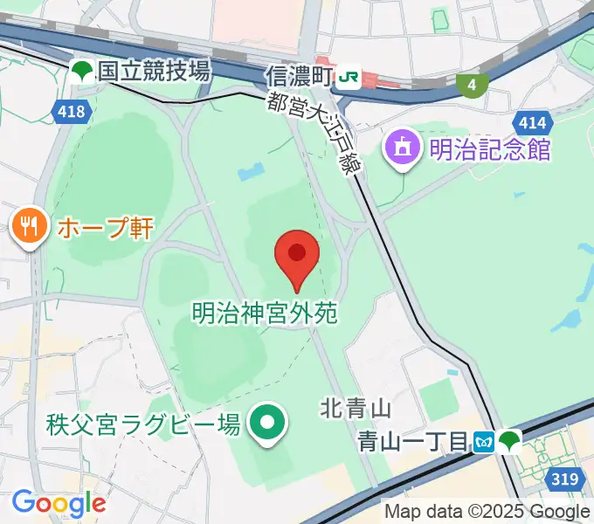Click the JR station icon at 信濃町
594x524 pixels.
[x=348, y=78]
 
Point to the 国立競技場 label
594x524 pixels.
[x=154, y=72]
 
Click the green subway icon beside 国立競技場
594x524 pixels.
[x=83, y=72]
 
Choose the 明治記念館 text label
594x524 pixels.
[x=489, y=148]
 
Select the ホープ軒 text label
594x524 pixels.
[x=105, y=229]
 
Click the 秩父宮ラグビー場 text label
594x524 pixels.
[x=143, y=425]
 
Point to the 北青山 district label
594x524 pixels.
[x=355, y=407]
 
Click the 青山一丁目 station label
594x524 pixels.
[x=413, y=442]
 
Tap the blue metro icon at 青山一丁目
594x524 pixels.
[x=484, y=442]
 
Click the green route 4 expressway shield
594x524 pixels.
[x=472, y=85]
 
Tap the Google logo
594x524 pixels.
[x=59, y=503]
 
